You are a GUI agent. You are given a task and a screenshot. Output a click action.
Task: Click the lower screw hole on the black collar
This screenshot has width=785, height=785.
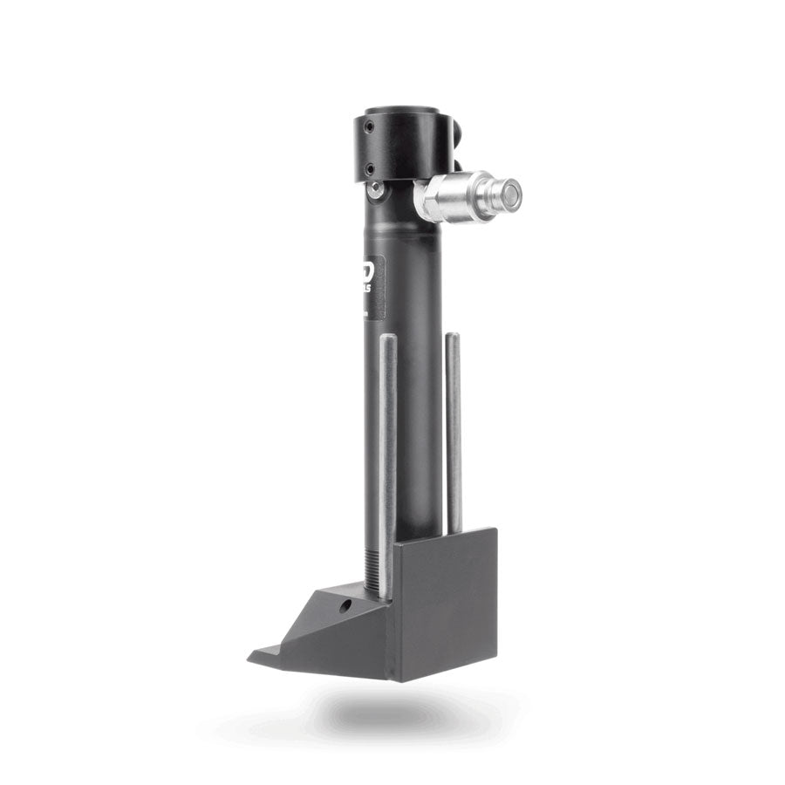point(369,168)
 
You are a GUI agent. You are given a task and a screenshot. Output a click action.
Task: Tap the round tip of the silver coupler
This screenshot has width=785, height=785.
point(510,194)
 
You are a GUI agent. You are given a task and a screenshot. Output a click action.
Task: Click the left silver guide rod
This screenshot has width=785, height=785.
point(388,454)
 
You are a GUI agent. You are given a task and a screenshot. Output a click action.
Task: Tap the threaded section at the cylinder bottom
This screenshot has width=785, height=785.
point(373,567)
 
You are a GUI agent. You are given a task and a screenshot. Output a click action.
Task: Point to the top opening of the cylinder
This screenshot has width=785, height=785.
point(400,111)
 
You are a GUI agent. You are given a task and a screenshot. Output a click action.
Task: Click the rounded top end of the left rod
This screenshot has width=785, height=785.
point(388,338)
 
